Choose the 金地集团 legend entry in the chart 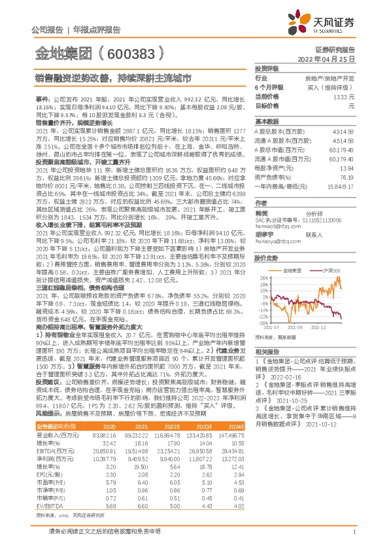[292, 270]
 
